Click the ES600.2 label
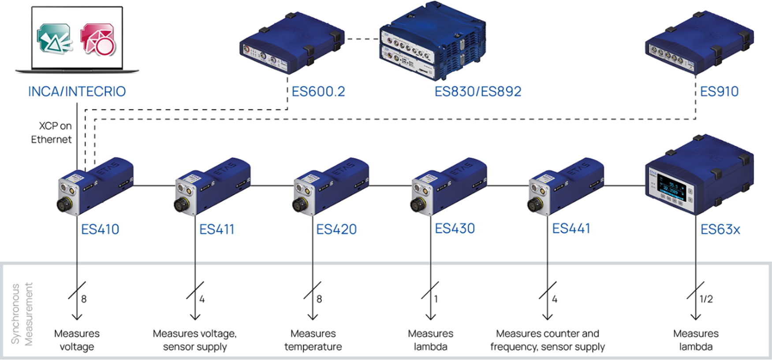pyautogui.click(x=318, y=92)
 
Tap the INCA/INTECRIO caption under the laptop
pyautogui.click(x=77, y=92)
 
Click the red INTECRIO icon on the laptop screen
pyautogui.click(x=98, y=40)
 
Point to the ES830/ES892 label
pyautogui.click(x=478, y=92)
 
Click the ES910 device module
pyautogui.click(x=699, y=42)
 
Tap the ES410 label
pyautogui.click(x=100, y=230)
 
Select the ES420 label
pyautogui.click(x=336, y=230)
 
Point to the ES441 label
pyautogui.click(x=571, y=229)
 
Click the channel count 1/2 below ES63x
pyautogui.click(x=706, y=299)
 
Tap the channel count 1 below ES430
pyautogui.click(x=436, y=299)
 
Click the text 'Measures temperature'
pyautogui.click(x=313, y=340)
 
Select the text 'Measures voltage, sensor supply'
pyautogui.click(x=195, y=340)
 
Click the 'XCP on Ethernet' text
pyautogui.click(x=52, y=133)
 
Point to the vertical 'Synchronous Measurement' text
pyautogui.click(x=22, y=314)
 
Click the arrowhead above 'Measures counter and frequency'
pyautogui.click(x=548, y=316)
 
